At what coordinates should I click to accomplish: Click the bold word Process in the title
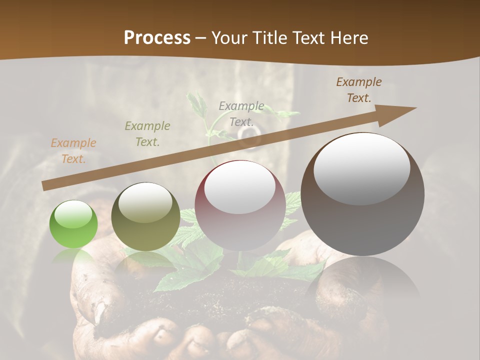[157, 38]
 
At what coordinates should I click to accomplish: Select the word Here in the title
[348, 38]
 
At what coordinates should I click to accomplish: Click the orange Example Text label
[73, 151]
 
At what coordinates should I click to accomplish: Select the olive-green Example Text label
[147, 134]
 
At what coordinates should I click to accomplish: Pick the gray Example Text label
[241, 113]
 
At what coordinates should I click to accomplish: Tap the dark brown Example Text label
[359, 90]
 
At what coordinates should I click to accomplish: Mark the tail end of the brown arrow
[45, 185]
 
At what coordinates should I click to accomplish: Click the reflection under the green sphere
[73, 257]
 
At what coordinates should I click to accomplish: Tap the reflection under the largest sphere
[362, 280]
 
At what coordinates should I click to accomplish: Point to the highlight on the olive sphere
[145, 202]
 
